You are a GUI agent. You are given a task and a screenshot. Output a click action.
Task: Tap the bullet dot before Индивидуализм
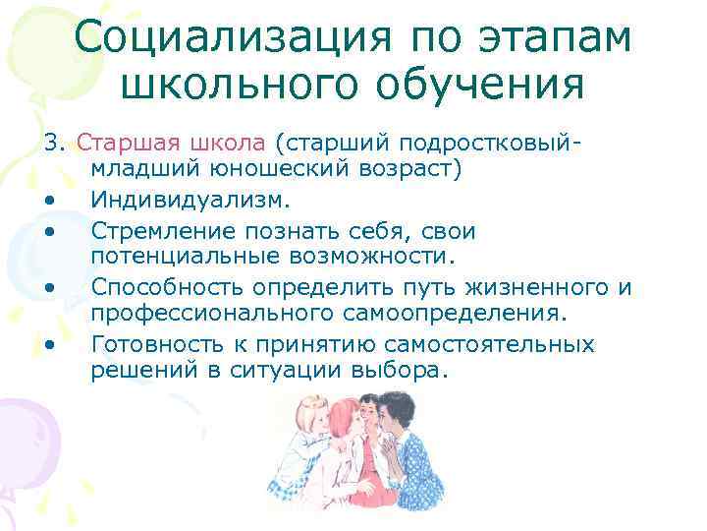[x=48, y=201]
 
